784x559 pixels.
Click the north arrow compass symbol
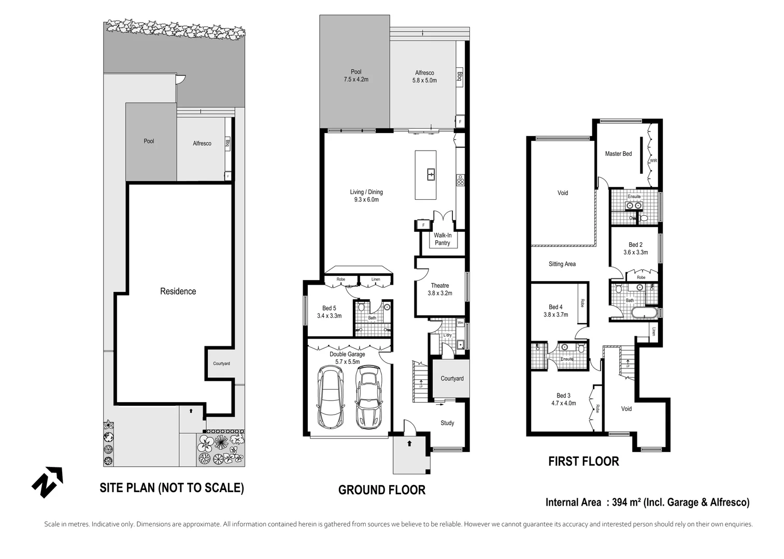click(47, 482)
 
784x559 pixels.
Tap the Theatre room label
click(439, 286)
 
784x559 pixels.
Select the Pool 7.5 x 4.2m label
click(356, 76)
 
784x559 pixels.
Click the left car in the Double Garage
click(331, 397)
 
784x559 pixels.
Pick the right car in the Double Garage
click(369, 398)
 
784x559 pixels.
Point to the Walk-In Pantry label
click(443, 239)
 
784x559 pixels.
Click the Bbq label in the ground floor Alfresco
click(460, 77)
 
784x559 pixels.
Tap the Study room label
click(447, 423)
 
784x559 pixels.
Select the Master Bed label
click(619, 154)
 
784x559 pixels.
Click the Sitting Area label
click(562, 264)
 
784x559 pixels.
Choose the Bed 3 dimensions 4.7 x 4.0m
click(563, 403)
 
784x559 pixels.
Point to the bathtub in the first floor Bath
click(644, 313)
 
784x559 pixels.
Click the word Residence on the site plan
click(178, 291)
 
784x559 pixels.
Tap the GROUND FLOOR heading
click(382, 490)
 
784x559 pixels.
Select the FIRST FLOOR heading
click(583, 462)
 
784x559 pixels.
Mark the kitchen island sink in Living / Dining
click(431, 174)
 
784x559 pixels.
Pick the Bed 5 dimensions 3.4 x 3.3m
click(330, 316)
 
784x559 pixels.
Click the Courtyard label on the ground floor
click(452, 378)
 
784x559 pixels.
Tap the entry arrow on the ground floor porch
click(409, 444)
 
